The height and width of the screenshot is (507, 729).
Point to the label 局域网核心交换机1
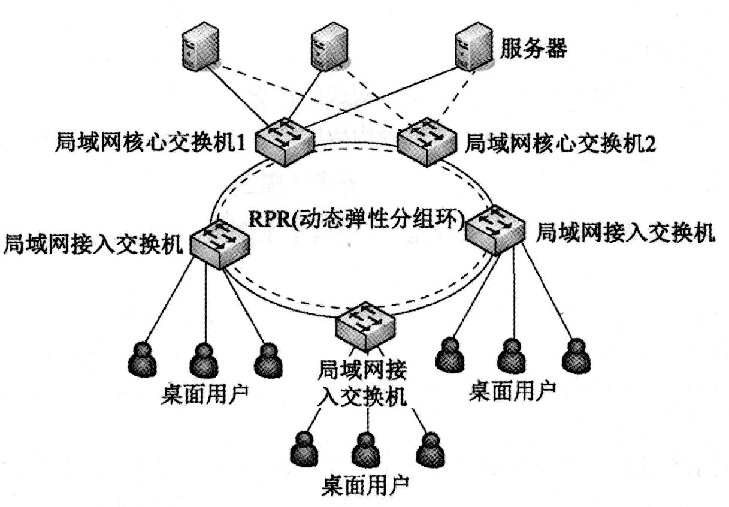point(152,142)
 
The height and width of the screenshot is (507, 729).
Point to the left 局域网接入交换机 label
point(93,245)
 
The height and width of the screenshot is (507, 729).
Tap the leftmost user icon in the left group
point(143,358)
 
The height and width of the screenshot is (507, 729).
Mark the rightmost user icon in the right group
point(576,356)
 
